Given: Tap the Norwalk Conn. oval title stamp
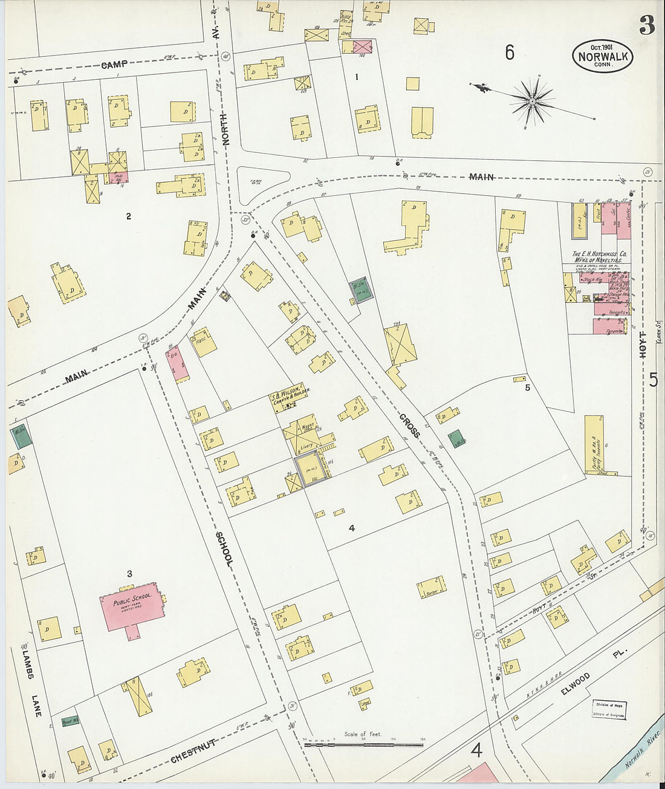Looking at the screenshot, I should (x=603, y=57).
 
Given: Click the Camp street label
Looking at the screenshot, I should (x=114, y=65).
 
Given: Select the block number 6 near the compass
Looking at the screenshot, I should (x=509, y=53).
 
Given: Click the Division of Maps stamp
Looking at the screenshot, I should (x=608, y=709).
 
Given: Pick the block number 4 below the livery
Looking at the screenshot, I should (x=351, y=528).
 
